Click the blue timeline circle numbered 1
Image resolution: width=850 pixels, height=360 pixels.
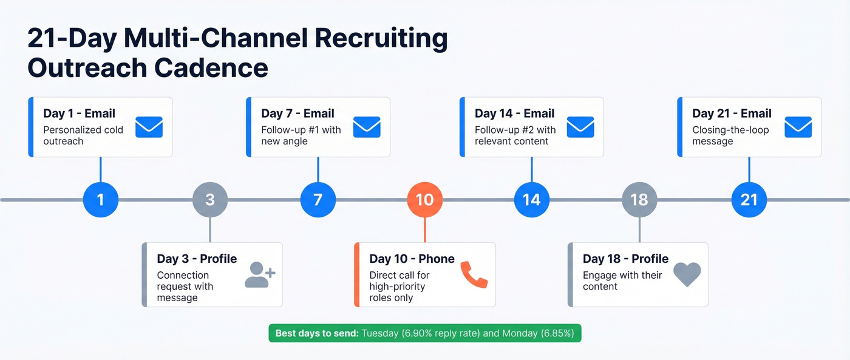coord(100,199)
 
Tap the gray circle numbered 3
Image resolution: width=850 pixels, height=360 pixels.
coord(210,199)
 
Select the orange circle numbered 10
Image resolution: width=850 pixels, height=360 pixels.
coord(424,199)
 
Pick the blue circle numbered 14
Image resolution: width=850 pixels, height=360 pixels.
coord(531,199)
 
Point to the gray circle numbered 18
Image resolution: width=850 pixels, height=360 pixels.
coord(639,199)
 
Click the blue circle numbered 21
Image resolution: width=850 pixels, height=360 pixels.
coord(749,199)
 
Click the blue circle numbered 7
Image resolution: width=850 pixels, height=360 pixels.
coord(318,199)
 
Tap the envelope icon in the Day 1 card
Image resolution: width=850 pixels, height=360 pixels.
coord(149,127)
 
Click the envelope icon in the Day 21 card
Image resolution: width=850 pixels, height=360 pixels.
coord(798,127)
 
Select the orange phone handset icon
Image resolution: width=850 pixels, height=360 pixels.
coord(474,274)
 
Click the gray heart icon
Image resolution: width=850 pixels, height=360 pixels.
coord(687,274)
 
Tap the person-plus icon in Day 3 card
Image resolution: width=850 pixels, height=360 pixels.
coord(260,274)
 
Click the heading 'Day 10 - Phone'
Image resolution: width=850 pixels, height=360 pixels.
coord(412,259)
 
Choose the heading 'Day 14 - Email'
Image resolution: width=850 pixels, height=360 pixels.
coord(514,114)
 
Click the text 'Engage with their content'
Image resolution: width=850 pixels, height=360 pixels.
coord(622,280)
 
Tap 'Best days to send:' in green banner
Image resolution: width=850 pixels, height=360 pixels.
coord(316,333)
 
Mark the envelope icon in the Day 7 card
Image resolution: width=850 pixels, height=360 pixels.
coord(366,127)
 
